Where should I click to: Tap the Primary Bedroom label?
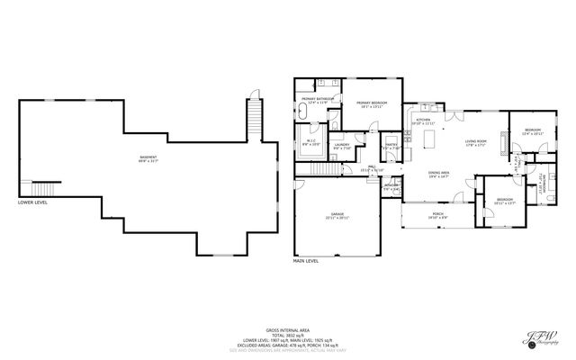(x=372, y=104)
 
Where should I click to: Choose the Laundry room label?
(x=341, y=147)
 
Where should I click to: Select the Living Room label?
(x=476, y=142)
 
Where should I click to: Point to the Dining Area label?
(x=438, y=175)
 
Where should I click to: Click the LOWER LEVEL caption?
(x=33, y=202)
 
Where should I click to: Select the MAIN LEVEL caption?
(x=306, y=260)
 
